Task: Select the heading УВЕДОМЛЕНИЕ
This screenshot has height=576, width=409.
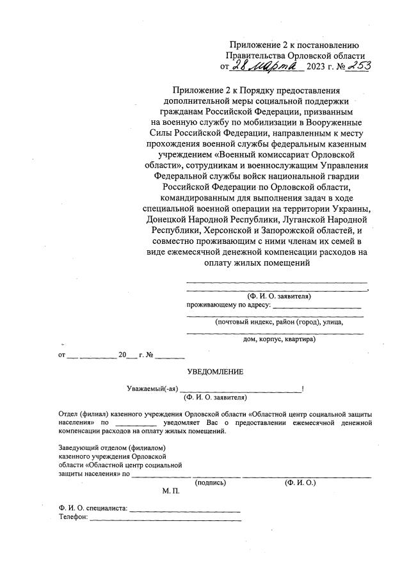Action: (214, 372)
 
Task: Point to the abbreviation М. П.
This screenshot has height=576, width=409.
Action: (172, 492)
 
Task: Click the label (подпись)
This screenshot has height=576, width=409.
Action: (211, 483)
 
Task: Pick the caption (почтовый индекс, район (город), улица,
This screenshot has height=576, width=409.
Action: (279, 322)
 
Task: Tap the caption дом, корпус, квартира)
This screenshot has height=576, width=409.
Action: (279, 339)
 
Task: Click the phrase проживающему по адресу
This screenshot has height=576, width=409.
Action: (227, 305)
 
